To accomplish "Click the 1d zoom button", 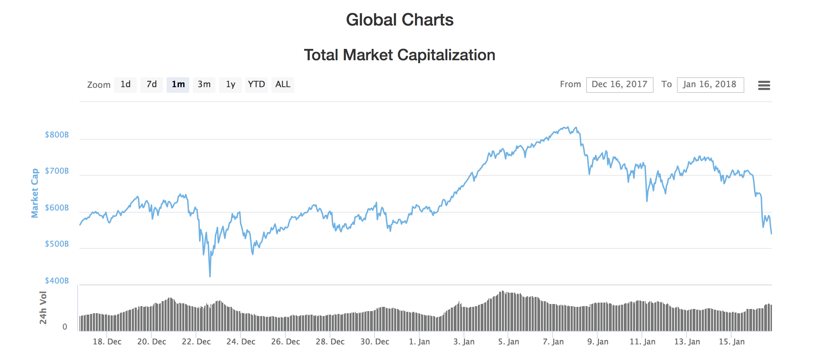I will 125,85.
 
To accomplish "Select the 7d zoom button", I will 152,85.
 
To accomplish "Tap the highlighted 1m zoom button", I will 178,85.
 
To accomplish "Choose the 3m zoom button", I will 204,85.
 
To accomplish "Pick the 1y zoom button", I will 230,85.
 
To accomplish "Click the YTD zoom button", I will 256,85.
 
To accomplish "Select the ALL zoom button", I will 283,85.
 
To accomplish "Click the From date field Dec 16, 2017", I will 620,85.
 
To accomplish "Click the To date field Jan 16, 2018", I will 710,85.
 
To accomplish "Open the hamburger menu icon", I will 764,85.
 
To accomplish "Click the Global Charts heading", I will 399,20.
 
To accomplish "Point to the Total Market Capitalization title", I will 399,55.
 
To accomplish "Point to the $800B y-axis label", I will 57,135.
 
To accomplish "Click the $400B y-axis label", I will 57,281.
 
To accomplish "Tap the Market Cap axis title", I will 35,193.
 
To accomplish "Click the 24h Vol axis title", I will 43,308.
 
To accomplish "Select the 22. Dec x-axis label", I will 196,342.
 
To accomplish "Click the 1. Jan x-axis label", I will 419,342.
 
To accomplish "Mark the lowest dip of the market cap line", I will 210,276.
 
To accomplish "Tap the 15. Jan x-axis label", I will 732,342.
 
